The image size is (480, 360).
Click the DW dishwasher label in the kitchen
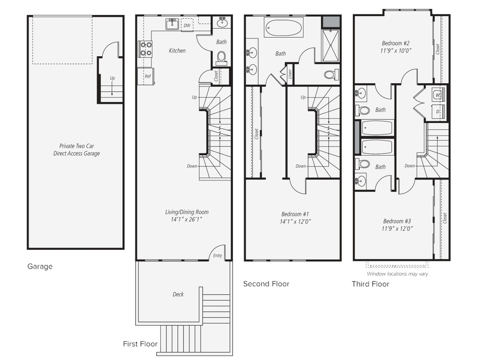tap(187, 26)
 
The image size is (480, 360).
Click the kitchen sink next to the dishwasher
tap(172, 25)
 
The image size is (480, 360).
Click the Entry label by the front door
tap(217, 256)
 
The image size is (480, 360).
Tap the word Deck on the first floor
tap(178, 294)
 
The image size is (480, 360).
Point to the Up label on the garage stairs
tap(112, 78)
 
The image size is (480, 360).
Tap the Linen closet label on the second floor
tap(290, 73)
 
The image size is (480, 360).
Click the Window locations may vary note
tap(397, 274)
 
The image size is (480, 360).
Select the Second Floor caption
tap(266, 284)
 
